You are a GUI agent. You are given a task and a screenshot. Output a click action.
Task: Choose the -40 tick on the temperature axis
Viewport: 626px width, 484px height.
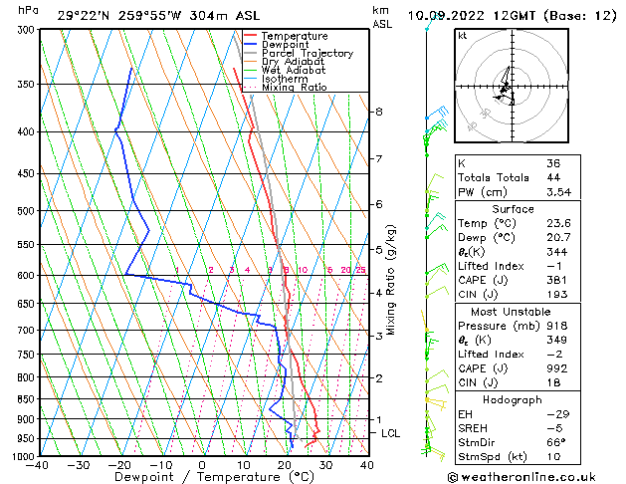coord(38,465)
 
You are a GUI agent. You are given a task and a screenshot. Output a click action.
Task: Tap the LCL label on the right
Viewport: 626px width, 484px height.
coord(391,433)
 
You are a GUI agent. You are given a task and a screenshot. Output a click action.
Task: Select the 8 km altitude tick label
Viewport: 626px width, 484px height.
coord(379,112)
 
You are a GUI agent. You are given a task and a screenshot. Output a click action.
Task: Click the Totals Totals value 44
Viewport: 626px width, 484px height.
coord(552,176)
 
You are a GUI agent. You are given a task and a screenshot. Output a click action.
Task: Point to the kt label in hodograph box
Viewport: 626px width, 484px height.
coord(462,35)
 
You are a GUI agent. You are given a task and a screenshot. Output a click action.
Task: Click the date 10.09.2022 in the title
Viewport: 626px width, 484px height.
coord(446,15)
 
